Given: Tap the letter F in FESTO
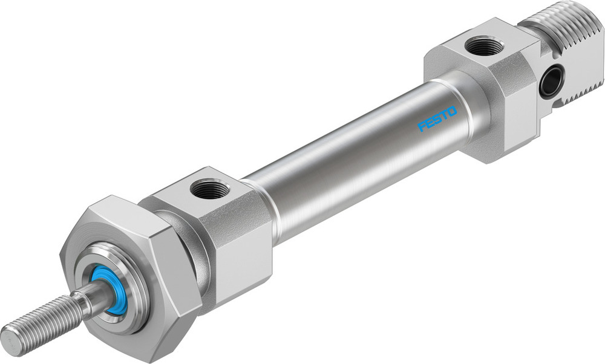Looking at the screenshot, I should point(422,126).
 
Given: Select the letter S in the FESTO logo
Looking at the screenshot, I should point(438,119).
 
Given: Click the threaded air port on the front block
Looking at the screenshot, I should point(209,190).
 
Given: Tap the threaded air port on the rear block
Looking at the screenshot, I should point(485,46).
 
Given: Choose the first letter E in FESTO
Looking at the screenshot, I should point(430,123).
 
